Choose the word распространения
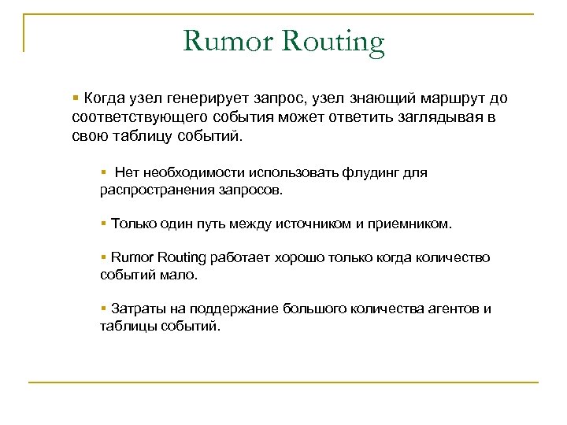coord(150,190)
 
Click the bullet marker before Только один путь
coord(104,224)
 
